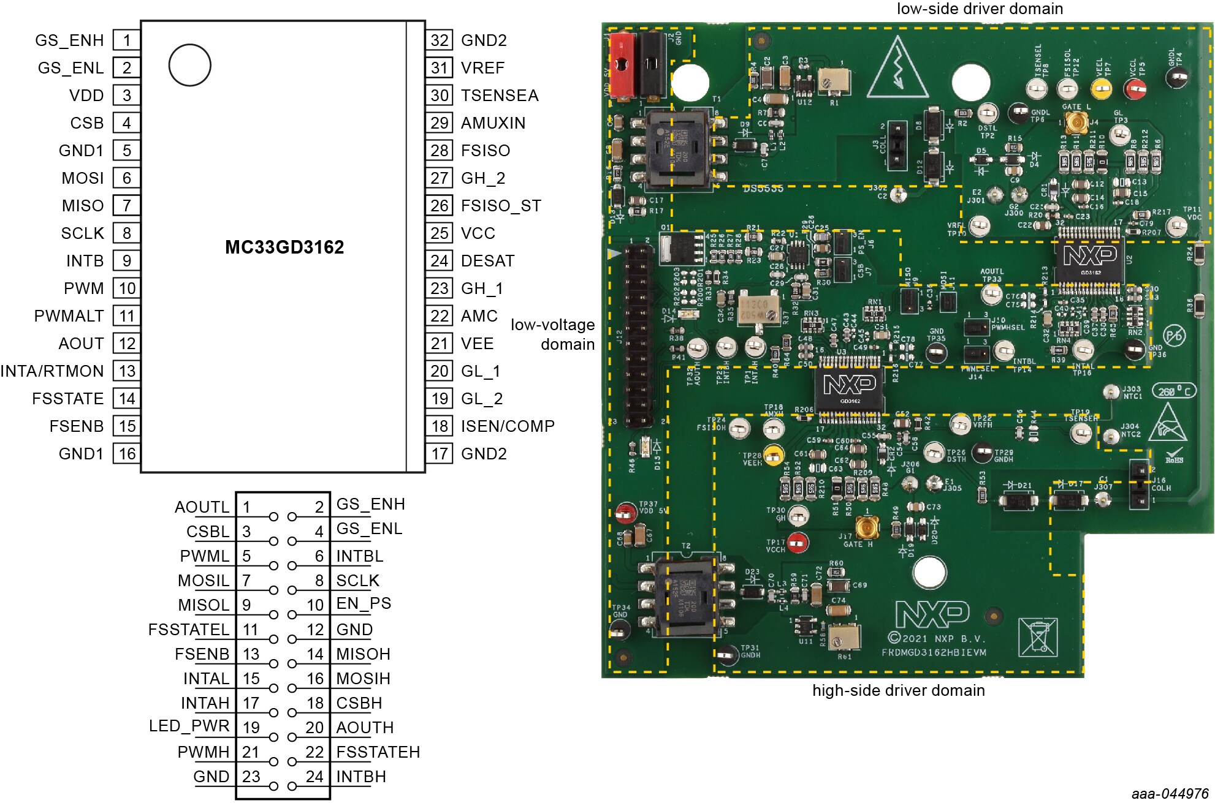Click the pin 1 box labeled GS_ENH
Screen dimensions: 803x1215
127,40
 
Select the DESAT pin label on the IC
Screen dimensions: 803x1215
487,261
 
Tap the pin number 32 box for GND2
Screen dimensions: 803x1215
440,40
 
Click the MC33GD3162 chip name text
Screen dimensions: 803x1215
284,247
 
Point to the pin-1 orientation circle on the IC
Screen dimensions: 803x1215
190,65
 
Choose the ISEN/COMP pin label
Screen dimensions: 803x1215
508,426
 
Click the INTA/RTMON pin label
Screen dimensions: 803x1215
52,371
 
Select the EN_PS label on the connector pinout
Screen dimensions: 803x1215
364,603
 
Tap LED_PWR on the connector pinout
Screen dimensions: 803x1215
189,726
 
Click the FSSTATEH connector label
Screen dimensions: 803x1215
378,752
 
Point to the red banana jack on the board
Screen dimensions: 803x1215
622,64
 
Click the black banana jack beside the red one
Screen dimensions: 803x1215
651,64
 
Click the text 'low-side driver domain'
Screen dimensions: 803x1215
980,9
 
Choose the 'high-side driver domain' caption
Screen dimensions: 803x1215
898,690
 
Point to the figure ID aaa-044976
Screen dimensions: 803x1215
1170,794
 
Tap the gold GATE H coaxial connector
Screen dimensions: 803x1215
867,527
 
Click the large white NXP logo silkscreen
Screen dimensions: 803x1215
932,614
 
